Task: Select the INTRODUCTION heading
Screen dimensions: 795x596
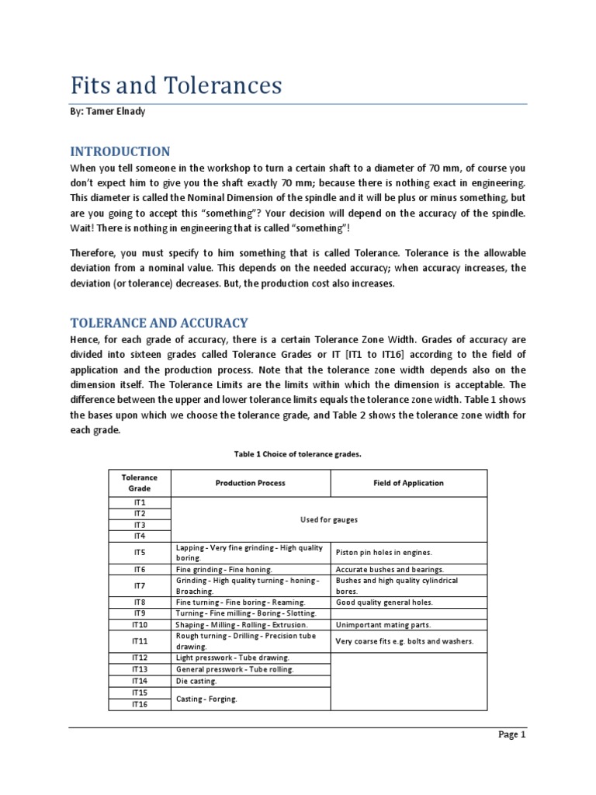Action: [120, 151]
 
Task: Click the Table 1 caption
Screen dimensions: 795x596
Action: [297, 453]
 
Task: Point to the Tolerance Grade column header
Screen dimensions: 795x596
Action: [139, 483]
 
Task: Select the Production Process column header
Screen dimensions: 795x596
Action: [250, 483]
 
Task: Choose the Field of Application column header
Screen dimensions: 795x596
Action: [408, 483]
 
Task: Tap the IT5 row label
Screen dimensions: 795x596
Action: [139, 553]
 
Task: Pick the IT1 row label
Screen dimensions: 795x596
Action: [139, 503]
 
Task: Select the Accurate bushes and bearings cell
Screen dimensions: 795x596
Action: [390, 569]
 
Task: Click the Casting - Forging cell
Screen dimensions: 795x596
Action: [206, 699]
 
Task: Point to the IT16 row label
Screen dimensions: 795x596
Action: [139, 703]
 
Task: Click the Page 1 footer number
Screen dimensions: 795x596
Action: [511, 735]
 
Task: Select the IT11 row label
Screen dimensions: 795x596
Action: [139, 641]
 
